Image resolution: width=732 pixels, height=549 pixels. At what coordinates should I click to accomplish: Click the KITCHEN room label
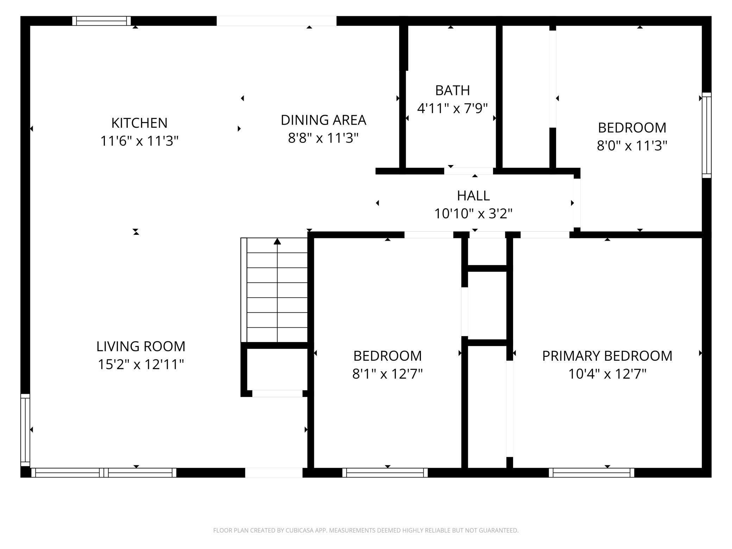(139, 123)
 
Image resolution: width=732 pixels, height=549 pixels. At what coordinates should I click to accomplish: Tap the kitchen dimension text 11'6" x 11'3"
(139, 141)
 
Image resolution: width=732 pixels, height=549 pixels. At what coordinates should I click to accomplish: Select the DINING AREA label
(323, 120)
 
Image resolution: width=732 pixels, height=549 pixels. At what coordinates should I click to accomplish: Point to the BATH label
(453, 90)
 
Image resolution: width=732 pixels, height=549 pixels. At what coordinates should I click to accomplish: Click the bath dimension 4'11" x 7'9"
(453, 108)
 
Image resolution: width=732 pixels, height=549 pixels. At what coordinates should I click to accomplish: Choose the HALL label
(473, 196)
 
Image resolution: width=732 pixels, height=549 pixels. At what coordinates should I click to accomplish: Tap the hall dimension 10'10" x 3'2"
(473, 214)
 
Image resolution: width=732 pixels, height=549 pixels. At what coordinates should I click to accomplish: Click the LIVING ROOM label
(141, 346)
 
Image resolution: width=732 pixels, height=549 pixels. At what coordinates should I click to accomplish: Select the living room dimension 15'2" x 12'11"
(141, 364)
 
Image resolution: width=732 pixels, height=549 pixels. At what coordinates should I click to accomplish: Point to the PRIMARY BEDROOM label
(607, 356)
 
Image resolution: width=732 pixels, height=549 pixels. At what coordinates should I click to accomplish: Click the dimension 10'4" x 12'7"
(607, 374)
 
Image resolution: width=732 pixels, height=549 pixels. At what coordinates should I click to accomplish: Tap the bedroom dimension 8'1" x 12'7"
(387, 374)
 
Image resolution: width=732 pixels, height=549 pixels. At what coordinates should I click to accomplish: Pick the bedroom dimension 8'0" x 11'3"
(632, 145)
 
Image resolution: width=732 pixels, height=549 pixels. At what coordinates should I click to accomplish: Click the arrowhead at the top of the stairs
(277, 241)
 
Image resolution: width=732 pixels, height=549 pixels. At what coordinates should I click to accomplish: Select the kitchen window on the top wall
(102, 21)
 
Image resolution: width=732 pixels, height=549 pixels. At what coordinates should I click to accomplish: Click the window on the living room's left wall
(25, 430)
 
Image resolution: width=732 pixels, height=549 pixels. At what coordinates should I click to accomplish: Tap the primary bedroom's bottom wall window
(592, 473)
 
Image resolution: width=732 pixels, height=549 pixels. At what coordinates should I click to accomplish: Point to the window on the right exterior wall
(707, 135)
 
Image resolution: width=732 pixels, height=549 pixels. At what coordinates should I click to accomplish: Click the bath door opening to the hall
(468, 171)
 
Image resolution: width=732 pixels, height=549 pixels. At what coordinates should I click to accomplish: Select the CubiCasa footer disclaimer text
(366, 530)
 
